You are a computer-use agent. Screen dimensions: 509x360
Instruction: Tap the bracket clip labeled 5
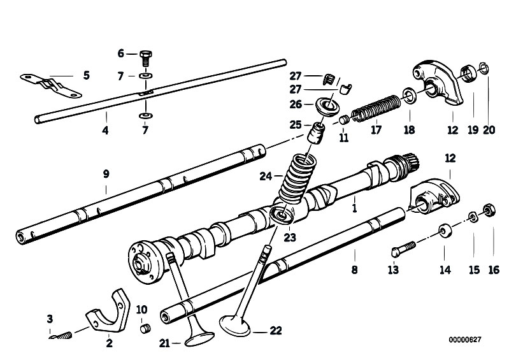[51, 85]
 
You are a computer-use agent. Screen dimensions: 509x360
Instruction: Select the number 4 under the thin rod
[105, 131]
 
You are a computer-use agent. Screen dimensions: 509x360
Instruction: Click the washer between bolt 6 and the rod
[146, 76]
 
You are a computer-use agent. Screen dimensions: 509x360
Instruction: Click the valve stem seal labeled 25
[316, 132]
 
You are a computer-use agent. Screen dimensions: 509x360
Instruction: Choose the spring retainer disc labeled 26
[327, 106]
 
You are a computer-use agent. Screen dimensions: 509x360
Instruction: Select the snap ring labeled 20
[484, 68]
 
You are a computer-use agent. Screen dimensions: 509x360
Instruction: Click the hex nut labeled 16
[489, 210]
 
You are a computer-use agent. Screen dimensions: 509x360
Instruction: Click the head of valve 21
[199, 339]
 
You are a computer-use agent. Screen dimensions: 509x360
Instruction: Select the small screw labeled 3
[61, 336]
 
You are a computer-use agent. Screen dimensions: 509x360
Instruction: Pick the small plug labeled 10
[145, 329]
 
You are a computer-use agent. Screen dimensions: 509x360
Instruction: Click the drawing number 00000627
[465, 340]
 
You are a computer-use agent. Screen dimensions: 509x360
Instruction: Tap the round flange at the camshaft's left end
[143, 262]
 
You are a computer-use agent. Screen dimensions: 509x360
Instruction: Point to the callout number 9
[106, 174]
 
